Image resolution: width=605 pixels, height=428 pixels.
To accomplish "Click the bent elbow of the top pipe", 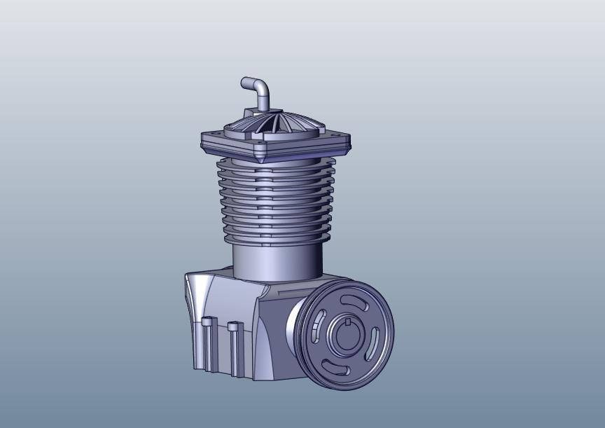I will pyautogui.click(x=262, y=86).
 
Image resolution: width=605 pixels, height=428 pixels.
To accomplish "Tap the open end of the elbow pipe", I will pyautogui.click(x=244, y=83).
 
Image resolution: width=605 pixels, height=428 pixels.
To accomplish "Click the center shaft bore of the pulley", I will pyautogui.click(x=348, y=336).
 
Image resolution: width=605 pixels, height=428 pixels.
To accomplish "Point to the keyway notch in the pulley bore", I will pyautogui.click(x=347, y=322).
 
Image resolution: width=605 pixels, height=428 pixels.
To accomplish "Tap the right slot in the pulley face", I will pyautogui.click(x=376, y=343).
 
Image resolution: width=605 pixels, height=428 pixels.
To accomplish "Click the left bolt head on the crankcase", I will pyautogui.click(x=208, y=322).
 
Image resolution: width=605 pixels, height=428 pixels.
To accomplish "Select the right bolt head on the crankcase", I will pyautogui.click(x=235, y=326).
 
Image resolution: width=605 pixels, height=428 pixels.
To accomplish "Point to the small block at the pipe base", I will pyautogui.click(x=252, y=112).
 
